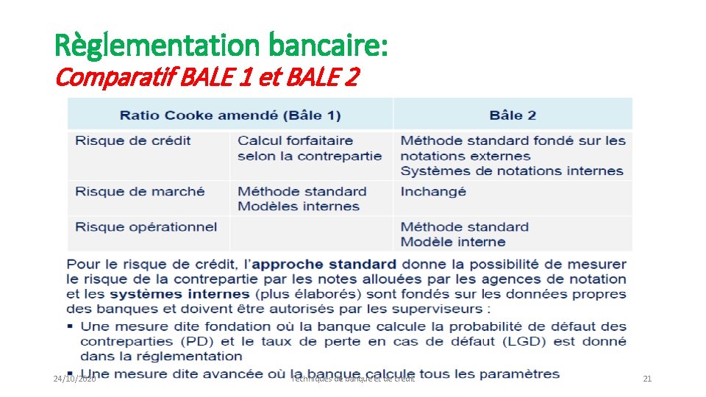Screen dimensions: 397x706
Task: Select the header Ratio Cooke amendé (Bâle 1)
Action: coord(230,115)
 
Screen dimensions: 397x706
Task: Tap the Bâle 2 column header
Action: coord(513,115)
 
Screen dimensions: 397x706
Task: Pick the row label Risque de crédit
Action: coord(133,140)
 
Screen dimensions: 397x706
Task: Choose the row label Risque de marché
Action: coord(140,191)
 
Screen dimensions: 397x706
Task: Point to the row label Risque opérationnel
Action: coord(146,226)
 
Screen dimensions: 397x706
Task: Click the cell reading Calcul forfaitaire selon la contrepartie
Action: coord(310,148)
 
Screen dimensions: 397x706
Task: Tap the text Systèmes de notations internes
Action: coord(512,171)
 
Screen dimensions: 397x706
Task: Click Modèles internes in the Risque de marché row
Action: coord(299,207)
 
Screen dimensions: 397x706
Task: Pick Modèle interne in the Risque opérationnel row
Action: coord(453,242)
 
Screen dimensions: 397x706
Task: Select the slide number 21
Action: coord(647,379)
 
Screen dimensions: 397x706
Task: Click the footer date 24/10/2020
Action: coord(74,379)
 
